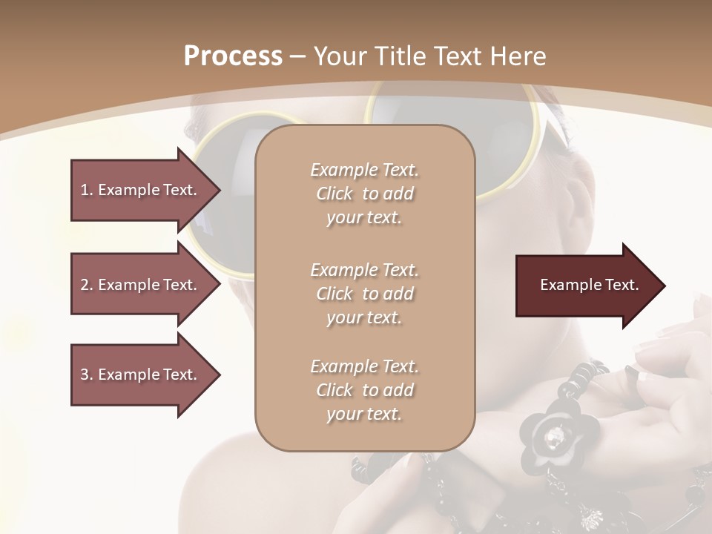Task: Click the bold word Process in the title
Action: click(233, 56)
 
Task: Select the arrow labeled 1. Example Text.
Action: click(141, 190)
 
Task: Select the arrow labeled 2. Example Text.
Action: click(141, 285)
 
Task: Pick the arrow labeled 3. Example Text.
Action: click(141, 375)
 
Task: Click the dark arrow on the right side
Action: click(586, 286)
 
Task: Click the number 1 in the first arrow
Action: click(85, 190)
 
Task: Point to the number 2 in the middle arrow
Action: click(85, 285)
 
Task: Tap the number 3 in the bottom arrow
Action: click(85, 375)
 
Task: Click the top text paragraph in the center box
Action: click(364, 194)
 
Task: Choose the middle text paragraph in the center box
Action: click(364, 294)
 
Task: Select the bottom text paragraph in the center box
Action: click(364, 390)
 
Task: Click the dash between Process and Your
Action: click(298, 56)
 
